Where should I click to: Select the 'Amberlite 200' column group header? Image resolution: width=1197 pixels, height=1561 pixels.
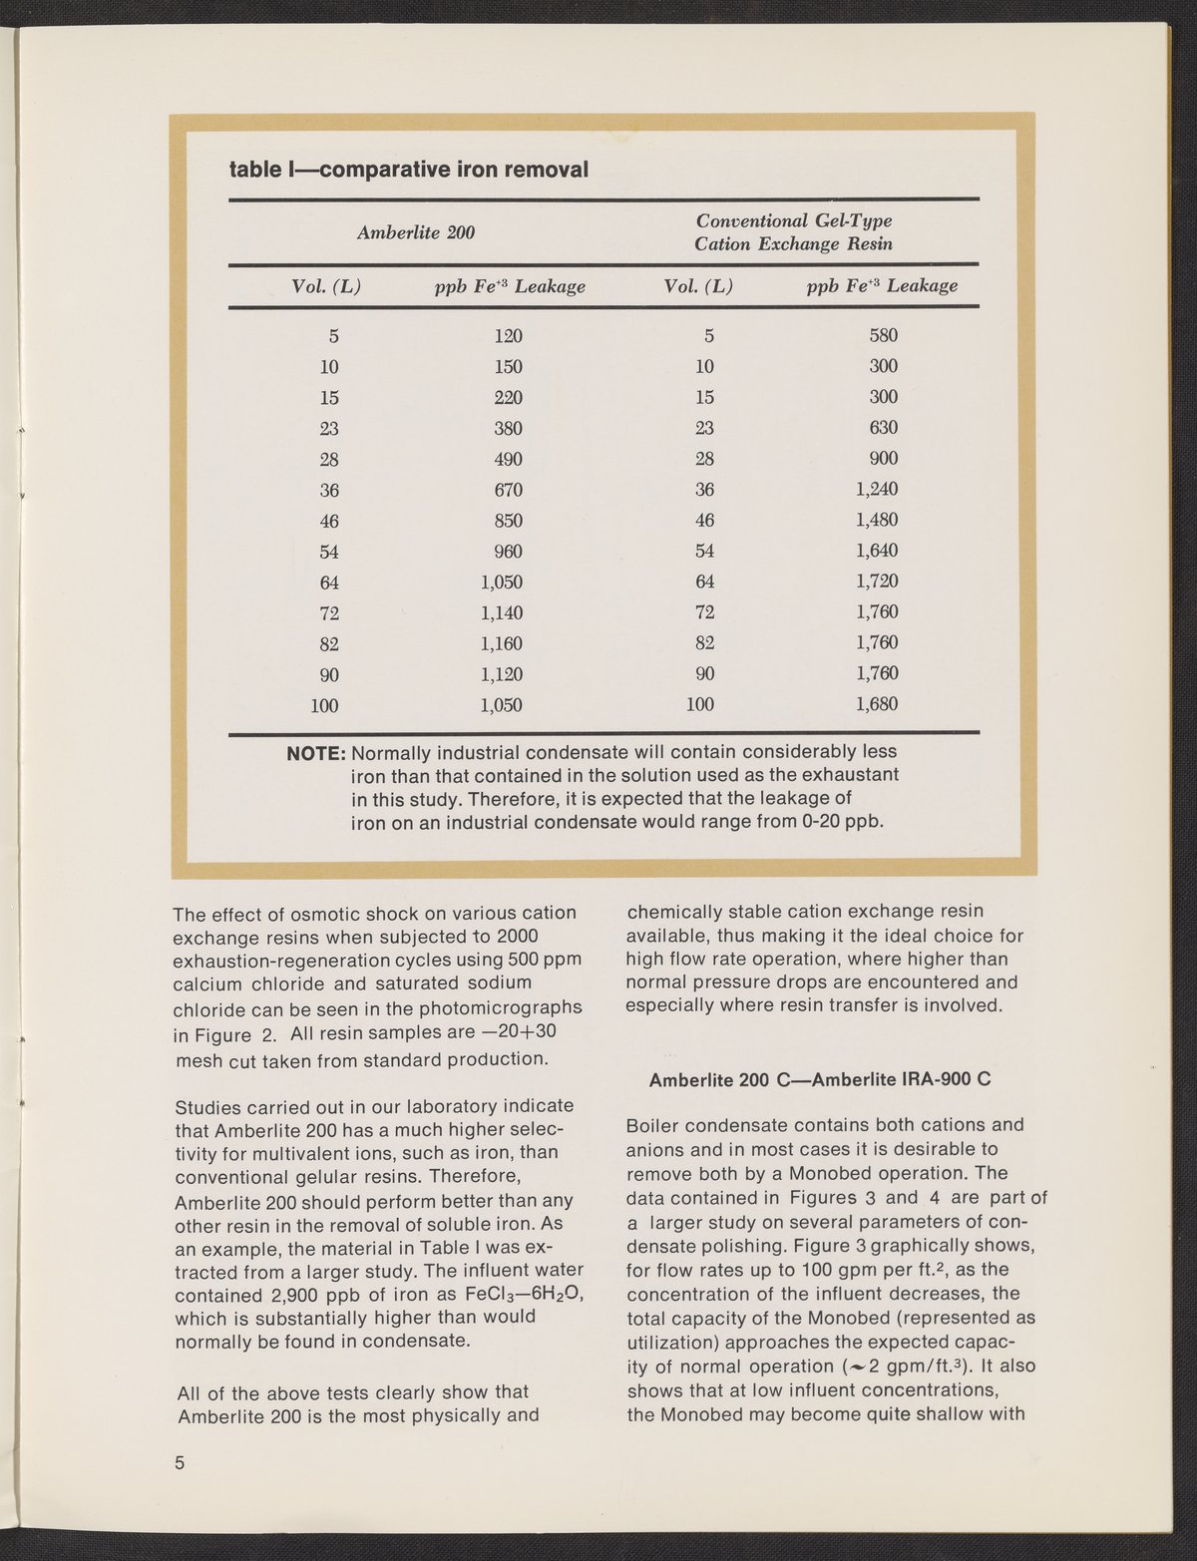coord(416,233)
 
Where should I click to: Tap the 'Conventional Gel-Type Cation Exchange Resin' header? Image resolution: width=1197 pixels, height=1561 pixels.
coord(793,232)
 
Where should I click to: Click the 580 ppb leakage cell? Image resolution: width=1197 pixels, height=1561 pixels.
coord(883,335)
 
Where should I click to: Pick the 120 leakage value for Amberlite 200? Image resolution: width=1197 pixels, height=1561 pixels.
coord(508,336)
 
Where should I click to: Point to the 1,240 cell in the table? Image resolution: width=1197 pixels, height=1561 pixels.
coord(877,490)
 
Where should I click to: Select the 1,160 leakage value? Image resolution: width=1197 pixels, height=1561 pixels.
coord(502,643)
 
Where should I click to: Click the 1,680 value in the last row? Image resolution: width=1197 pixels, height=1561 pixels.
coord(877,704)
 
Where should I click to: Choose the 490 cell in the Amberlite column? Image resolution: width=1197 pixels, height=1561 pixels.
coord(508,460)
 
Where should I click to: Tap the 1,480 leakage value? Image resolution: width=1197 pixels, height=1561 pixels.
coord(877,520)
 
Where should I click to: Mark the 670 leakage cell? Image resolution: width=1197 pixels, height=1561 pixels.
coord(508,491)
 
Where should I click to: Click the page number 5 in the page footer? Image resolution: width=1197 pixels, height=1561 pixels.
coord(181,1464)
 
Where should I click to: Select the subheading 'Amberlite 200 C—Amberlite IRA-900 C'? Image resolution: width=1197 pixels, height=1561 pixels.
coord(820,1080)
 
